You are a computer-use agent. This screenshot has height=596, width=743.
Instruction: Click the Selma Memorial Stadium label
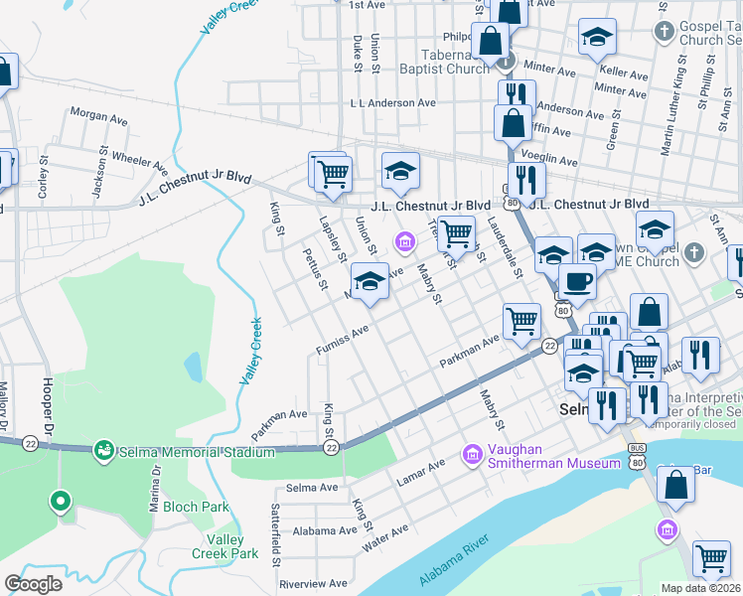[x=197, y=453]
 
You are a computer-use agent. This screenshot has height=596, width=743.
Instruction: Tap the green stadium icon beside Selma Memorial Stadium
[x=103, y=453]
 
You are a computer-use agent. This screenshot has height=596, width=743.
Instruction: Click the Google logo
[x=33, y=584]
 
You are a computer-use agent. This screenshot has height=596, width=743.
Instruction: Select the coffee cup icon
[x=576, y=280]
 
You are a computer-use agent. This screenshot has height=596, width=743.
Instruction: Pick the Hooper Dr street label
[x=47, y=403]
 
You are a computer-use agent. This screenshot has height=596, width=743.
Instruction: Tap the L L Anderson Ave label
[x=392, y=102]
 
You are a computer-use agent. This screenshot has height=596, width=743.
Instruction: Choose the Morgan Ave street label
[x=99, y=116]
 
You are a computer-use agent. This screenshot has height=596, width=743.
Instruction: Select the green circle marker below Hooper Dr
[x=61, y=502]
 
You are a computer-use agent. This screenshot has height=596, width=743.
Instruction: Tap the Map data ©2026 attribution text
[x=700, y=588]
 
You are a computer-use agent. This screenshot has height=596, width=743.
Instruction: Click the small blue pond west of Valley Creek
[x=193, y=369]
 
